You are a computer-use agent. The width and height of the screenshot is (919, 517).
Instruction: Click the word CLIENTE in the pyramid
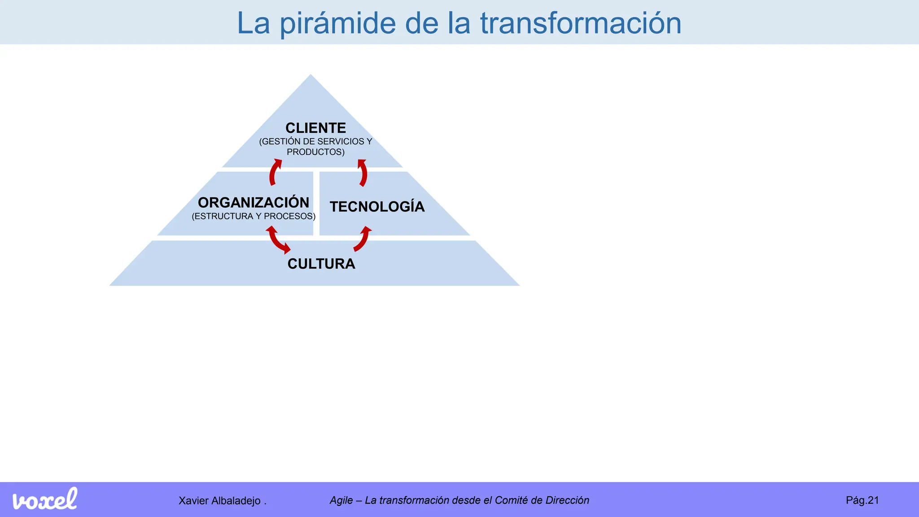315,128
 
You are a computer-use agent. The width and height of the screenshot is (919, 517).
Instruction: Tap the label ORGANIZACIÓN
254,202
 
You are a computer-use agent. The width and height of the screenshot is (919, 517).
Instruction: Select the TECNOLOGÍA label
377,206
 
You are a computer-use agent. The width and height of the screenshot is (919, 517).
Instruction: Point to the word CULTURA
321,264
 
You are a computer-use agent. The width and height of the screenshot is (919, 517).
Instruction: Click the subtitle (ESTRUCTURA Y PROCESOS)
254,216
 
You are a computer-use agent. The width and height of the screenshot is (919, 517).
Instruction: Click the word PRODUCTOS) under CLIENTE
315,152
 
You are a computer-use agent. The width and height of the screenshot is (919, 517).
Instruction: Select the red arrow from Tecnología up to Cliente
363,173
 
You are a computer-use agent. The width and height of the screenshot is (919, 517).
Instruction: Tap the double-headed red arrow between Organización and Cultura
278,240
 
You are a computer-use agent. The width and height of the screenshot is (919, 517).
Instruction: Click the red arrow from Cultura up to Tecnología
363,239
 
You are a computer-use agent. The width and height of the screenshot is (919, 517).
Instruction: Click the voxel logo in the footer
45,499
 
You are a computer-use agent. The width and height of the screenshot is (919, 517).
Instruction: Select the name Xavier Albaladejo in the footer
219,501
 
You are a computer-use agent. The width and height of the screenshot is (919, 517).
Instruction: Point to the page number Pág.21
862,500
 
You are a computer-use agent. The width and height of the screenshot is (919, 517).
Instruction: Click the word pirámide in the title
338,23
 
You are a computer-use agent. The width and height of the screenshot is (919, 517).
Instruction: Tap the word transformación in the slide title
581,23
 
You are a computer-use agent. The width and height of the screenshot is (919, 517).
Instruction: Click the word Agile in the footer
341,500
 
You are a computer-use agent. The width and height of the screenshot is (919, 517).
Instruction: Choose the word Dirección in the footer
567,500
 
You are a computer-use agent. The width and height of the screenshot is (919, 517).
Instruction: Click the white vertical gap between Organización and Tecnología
316,203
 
